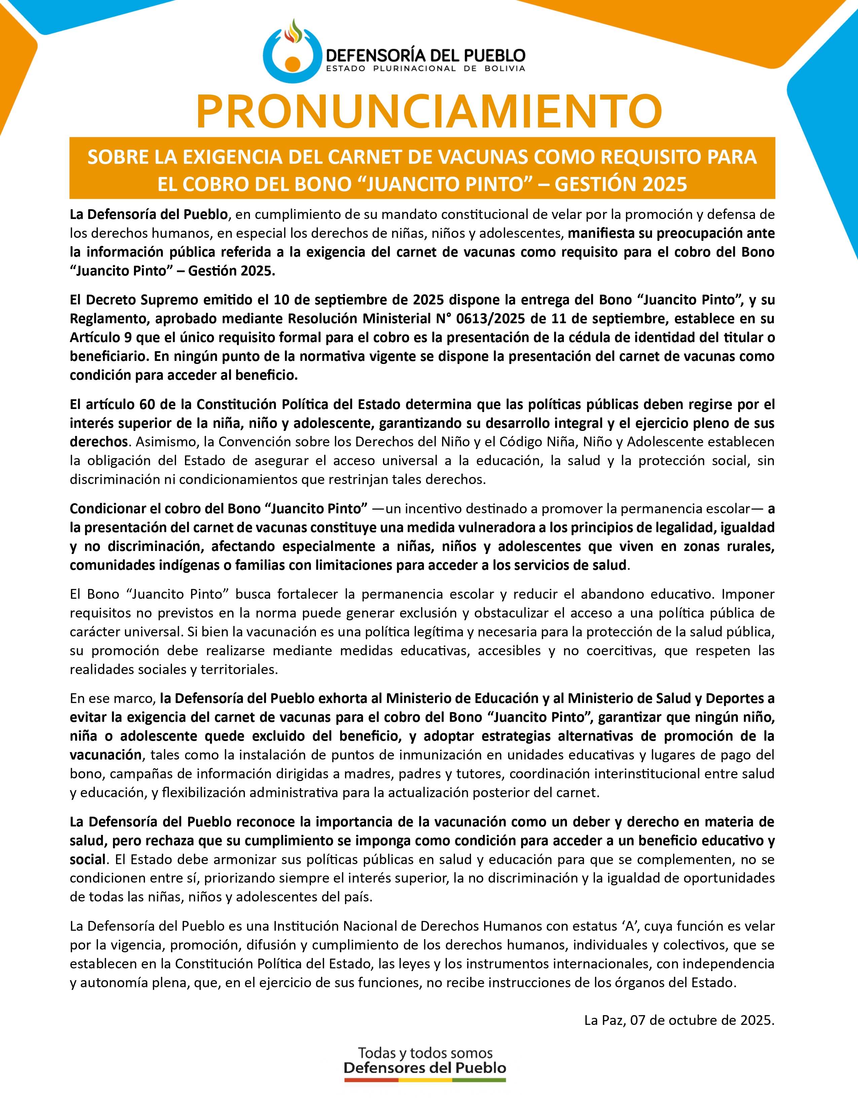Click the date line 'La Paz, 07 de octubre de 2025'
[x=679, y=1020]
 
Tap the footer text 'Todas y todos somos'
[x=425, y=1052]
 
